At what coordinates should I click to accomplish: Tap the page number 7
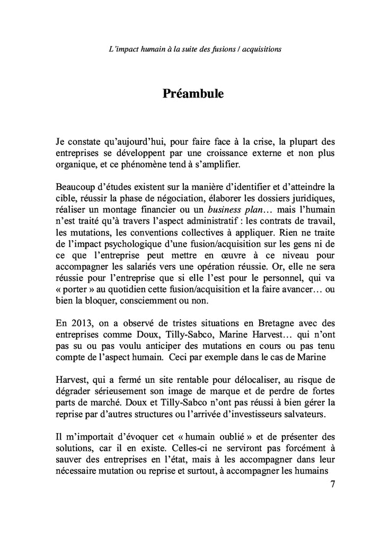click(x=332, y=484)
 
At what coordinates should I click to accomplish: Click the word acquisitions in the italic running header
click(x=260, y=49)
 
